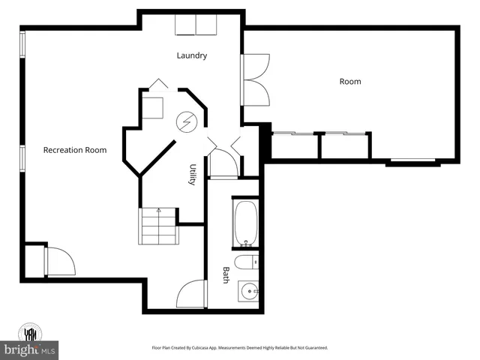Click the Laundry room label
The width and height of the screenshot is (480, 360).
tap(192, 55)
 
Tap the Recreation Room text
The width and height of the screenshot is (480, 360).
tap(75, 150)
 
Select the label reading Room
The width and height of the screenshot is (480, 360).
tap(350, 81)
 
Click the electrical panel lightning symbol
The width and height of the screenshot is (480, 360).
tap(185, 121)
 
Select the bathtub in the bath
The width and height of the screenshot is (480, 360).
tap(246, 223)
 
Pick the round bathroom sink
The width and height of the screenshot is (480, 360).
tap(248, 291)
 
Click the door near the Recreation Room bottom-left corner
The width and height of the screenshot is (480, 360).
tap(60, 261)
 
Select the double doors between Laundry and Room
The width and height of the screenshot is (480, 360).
tap(257, 79)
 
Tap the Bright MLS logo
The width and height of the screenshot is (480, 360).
tap(30, 350)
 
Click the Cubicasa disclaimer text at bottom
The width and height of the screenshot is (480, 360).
tap(240, 348)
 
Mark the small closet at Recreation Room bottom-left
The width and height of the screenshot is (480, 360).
tap(34, 261)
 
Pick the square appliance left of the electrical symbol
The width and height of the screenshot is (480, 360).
tap(154, 106)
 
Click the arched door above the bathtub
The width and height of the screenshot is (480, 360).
tap(222, 163)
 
